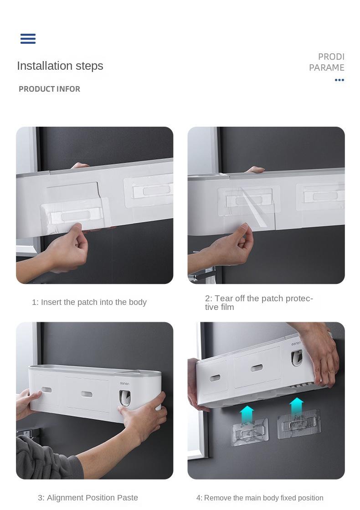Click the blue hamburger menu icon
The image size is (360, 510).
pos(28,39)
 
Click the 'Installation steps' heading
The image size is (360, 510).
pos(60,66)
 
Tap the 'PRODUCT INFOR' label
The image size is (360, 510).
pos(49,89)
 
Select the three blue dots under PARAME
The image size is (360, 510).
pos(339,80)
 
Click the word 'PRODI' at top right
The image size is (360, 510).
pos(331,57)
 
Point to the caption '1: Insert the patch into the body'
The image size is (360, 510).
pos(89,302)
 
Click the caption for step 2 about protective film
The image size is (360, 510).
pos(259,303)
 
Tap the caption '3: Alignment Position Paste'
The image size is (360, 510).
pos(88,498)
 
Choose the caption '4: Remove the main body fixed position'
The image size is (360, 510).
pos(260,498)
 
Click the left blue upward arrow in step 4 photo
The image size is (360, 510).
pos(247,414)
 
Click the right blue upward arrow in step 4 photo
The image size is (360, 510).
pos(296,406)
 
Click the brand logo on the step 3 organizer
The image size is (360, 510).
pos(124,384)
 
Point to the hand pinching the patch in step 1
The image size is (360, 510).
pos(68,246)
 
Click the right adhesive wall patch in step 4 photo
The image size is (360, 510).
pos(299,425)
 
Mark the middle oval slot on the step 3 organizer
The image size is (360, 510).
pos(86,393)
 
